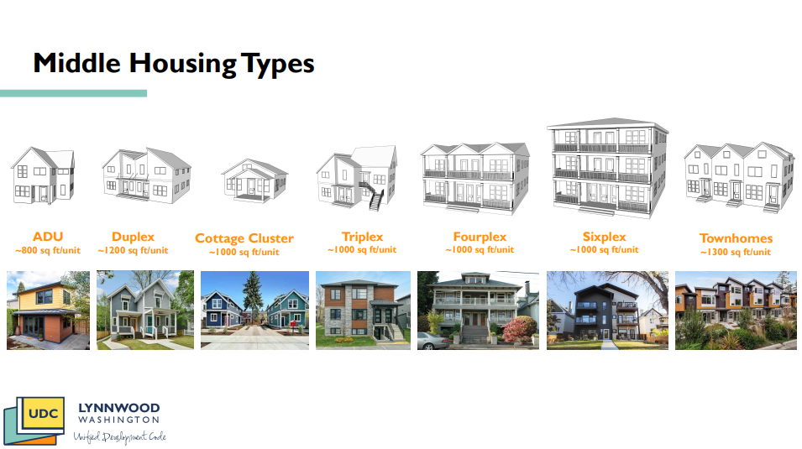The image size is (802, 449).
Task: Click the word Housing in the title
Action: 182,64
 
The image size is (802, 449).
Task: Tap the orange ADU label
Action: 48,237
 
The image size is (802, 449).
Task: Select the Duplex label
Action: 133,237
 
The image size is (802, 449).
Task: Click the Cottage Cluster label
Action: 244,238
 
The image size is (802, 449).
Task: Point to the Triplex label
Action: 362,237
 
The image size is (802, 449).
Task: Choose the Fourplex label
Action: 480,237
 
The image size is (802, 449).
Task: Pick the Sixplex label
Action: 604,237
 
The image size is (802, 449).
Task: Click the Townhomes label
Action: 736,238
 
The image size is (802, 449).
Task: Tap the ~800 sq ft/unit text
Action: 48,251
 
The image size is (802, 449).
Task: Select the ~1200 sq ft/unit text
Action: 133,251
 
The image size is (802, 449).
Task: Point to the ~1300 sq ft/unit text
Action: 736,252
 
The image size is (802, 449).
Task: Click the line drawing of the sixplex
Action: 608,168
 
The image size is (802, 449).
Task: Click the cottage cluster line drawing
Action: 254,180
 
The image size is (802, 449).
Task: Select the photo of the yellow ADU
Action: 48,311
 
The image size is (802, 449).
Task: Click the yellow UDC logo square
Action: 44,413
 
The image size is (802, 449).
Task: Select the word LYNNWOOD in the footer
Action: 118,408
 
